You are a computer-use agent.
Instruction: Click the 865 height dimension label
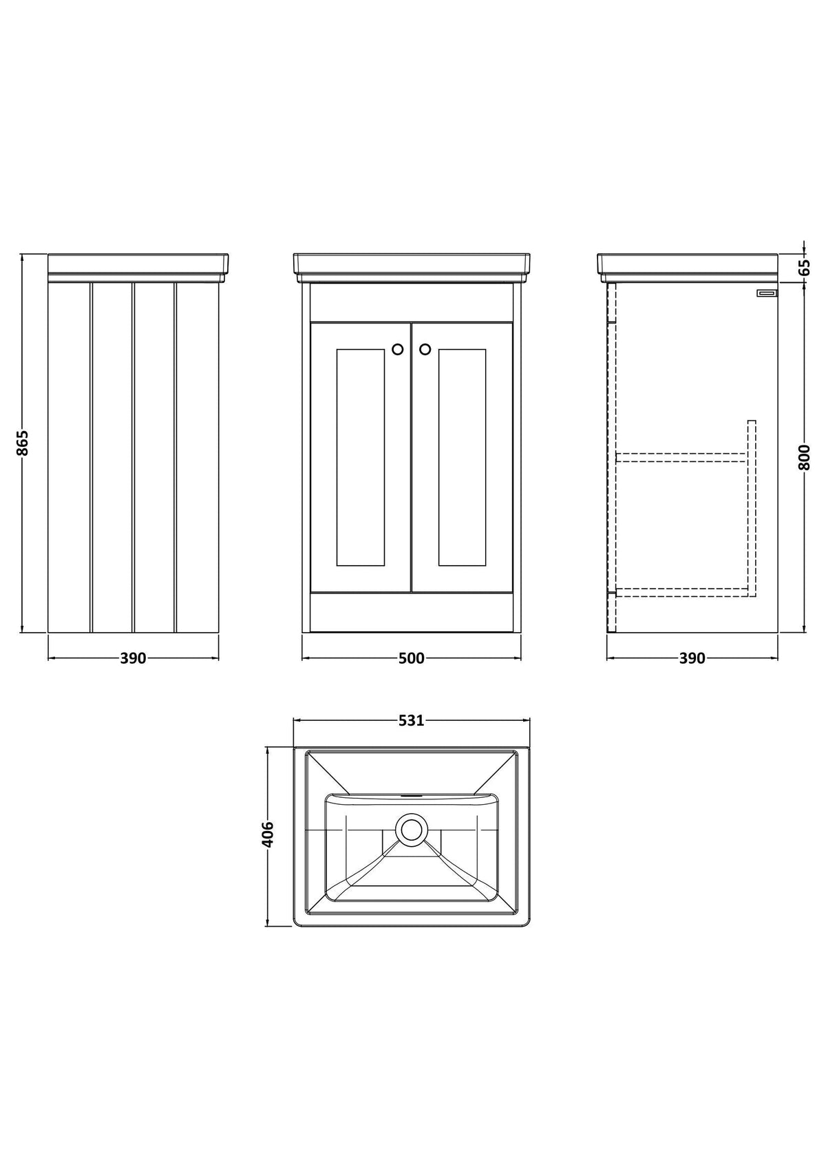tap(23, 443)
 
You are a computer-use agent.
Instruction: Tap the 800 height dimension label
tap(804, 457)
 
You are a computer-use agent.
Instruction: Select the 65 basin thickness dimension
tap(804, 267)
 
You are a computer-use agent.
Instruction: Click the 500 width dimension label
tap(411, 659)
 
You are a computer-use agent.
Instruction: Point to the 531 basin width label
tap(411, 721)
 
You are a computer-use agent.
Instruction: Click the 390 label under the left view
tap(133, 659)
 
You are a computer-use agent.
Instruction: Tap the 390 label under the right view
tap(692, 659)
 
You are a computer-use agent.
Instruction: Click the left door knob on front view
tap(398, 349)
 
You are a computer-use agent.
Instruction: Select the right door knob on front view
tap(425, 349)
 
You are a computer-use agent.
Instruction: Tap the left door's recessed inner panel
tap(361, 457)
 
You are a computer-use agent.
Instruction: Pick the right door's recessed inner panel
tap(463, 457)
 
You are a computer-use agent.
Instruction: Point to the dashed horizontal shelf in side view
tap(681, 458)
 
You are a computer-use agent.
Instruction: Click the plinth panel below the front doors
tap(411, 613)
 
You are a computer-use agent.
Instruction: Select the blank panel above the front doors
tap(411, 303)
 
